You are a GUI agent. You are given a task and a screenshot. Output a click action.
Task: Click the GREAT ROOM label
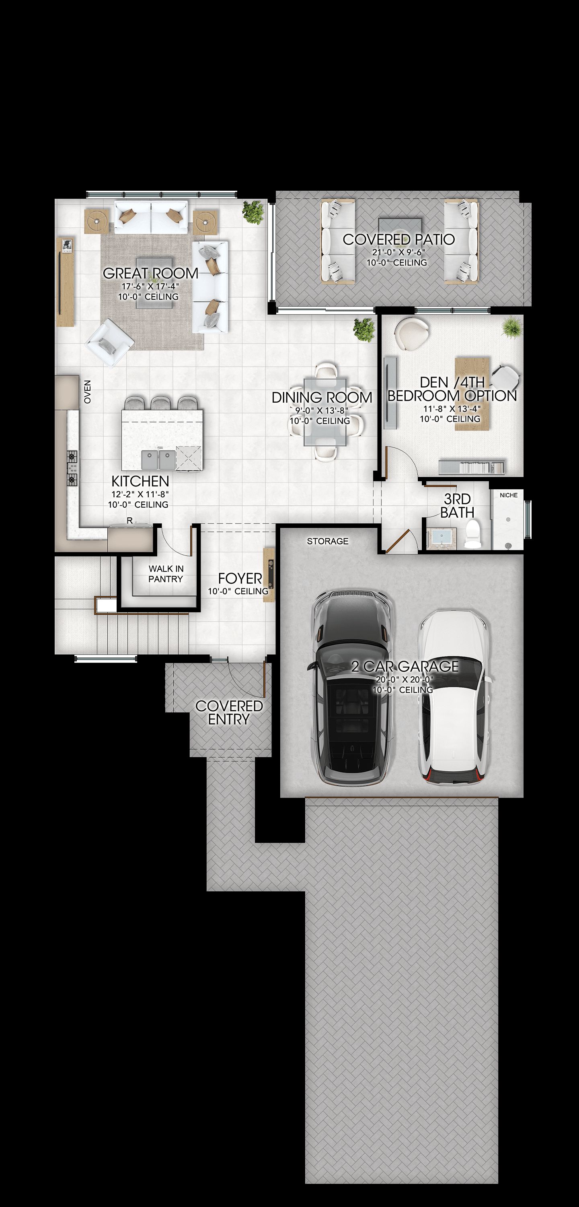pos(150,273)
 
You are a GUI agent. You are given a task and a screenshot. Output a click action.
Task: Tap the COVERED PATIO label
pos(398,239)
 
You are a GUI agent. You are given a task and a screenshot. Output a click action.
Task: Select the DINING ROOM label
pos(322,398)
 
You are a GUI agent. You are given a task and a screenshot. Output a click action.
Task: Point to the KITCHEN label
pos(140,481)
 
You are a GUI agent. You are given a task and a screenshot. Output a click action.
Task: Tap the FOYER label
pos(240,578)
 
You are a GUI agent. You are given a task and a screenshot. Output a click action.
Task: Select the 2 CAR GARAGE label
pos(405,666)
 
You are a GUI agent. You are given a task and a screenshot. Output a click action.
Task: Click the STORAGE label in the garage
pos(327,541)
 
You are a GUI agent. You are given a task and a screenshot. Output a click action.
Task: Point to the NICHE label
pos(509,495)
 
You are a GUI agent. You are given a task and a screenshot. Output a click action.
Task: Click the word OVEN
pos(88,392)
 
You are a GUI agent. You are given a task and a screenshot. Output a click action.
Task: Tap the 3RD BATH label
pos(457,506)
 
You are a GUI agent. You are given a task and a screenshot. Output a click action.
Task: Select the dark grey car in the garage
pos(352,686)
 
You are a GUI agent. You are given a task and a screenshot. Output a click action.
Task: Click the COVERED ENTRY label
pos(229,713)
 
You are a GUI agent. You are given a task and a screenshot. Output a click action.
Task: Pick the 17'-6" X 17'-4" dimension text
pos(150,286)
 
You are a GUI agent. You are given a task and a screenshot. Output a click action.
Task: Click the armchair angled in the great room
pos(109,342)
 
